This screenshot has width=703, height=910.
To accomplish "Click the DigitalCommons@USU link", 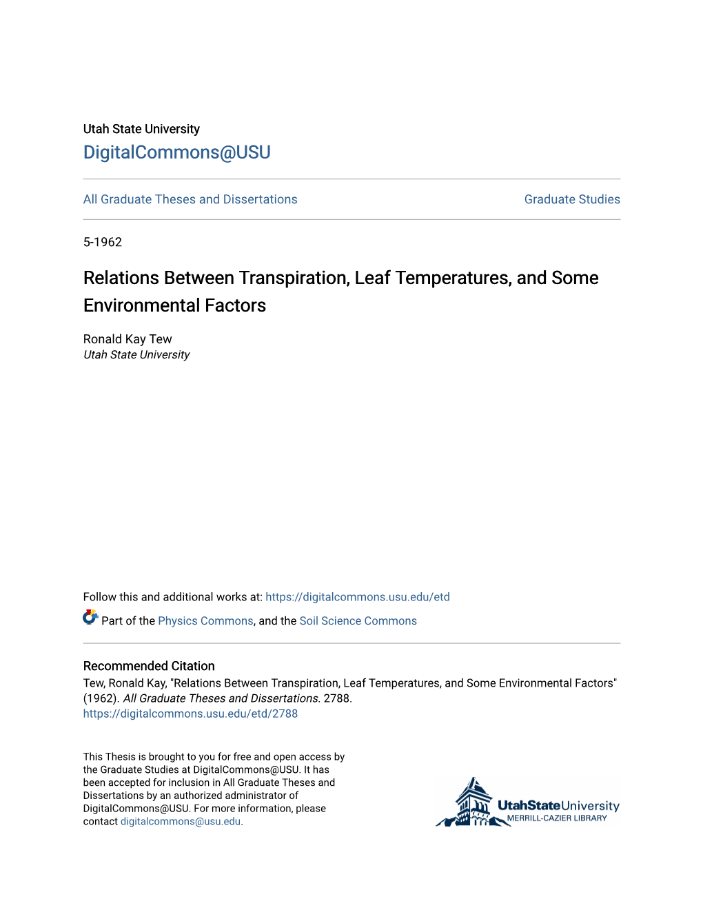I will point(176,152).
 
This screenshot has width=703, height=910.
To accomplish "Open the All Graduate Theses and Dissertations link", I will point(190,199).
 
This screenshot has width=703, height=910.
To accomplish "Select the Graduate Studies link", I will point(572,199).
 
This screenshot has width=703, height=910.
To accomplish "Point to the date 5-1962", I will point(103,242).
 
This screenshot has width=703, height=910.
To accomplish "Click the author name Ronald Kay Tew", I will point(128,339).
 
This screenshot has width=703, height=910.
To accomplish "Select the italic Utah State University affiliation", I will point(136,355).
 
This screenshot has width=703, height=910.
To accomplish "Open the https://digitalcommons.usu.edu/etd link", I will point(357,597).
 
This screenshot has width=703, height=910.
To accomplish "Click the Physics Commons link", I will point(205,621).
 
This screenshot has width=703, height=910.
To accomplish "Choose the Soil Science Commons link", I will point(358,621).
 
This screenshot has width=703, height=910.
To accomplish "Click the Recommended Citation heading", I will point(149,666).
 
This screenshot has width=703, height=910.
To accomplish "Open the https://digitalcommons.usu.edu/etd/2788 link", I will point(190,714).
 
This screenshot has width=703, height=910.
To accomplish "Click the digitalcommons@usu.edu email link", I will point(181,822).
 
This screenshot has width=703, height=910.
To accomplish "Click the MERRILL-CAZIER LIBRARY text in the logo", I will point(557,818).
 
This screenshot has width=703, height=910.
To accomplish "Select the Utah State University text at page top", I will point(141,129).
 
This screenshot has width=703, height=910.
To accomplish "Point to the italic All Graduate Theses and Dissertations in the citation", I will point(221,698).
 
